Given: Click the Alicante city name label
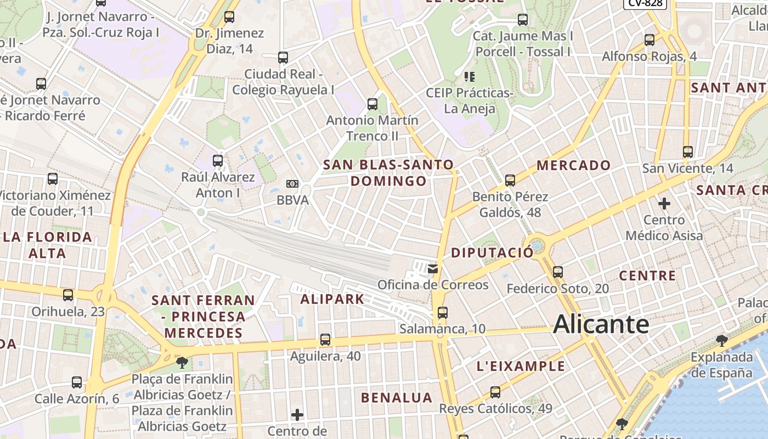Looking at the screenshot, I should (x=601, y=324).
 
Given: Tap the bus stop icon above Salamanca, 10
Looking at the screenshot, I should (x=443, y=313).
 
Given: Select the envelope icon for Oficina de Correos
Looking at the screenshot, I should (x=433, y=268).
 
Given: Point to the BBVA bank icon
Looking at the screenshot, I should (x=292, y=184).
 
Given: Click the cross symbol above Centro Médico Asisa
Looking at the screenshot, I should (x=664, y=204).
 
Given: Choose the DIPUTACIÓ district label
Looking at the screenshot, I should (x=492, y=252).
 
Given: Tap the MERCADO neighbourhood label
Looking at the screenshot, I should (x=573, y=165).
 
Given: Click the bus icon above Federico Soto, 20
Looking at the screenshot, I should (x=558, y=272).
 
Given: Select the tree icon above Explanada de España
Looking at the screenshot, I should (x=722, y=341).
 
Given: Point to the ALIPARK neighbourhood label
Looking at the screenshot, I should (x=332, y=299).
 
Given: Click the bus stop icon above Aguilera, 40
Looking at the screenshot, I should (x=325, y=340).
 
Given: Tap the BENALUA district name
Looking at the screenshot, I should (x=397, y=397).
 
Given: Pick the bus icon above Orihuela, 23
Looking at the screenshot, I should (x=68, y=295).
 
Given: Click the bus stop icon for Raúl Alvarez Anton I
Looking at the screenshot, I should (x=218, y=161).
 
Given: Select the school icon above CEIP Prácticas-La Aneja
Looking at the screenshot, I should (x=469, y=76).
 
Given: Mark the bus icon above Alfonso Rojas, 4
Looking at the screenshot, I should (x=650, y=40).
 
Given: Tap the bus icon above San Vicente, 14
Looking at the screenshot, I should (x=688, y=151).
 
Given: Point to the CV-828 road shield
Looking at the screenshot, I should (x=645, y=3).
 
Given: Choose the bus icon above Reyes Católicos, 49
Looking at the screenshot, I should (x=495, y=392).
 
